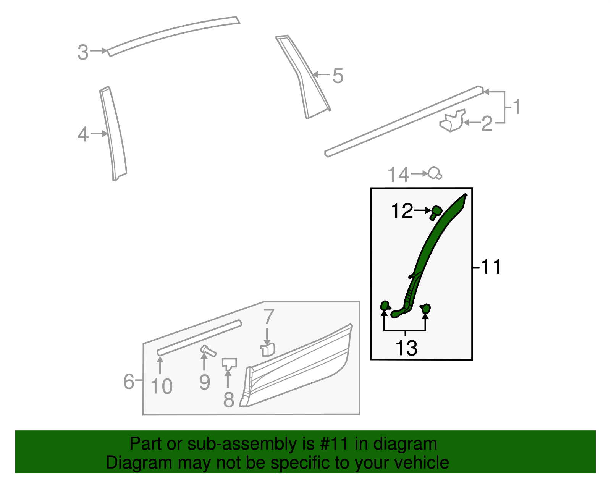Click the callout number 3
83,52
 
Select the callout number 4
83,134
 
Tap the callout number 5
338,76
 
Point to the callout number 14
398,175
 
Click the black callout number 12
402,211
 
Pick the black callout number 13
406,348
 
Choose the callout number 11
491,267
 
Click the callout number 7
269,316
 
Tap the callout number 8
228,399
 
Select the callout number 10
162,386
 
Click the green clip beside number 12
435,212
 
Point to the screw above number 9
208,350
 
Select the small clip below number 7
268,349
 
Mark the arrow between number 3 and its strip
99,50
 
